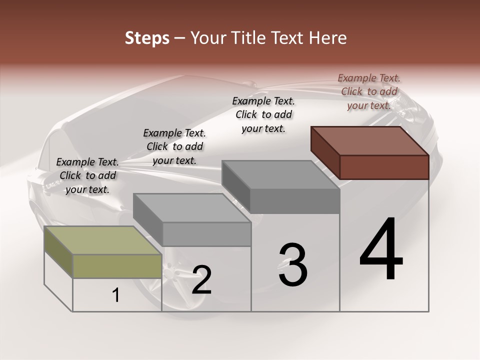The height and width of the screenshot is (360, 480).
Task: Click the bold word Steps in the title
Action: coord(147,38)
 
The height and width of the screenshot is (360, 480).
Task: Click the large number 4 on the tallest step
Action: coord(381,250)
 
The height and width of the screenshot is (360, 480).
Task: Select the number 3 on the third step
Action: coord(292,265)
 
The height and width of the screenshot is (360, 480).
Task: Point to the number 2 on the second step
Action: coord(201,280)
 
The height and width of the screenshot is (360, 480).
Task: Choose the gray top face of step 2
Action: coord(192,208)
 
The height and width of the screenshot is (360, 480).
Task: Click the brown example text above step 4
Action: coord(369,91)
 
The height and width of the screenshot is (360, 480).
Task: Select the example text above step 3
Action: coord(263,114)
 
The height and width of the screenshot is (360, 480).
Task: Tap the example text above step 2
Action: coord(174,146)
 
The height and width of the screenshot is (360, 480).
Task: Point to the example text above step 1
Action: coord(87,175)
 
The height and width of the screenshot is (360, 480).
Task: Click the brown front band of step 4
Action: coord(384,167)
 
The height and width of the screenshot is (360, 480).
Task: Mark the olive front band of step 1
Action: coord(117,266)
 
